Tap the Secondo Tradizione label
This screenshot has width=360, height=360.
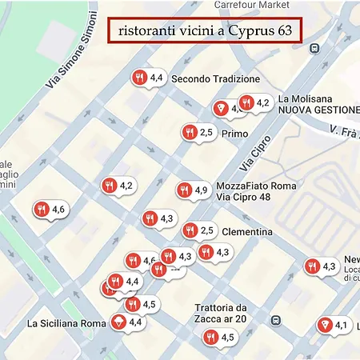(x=215, y=79)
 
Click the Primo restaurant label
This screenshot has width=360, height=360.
(x=235, y=134)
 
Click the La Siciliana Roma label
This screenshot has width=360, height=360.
(x=66, y=324)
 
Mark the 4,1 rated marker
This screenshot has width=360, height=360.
(x=332, y=325)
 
